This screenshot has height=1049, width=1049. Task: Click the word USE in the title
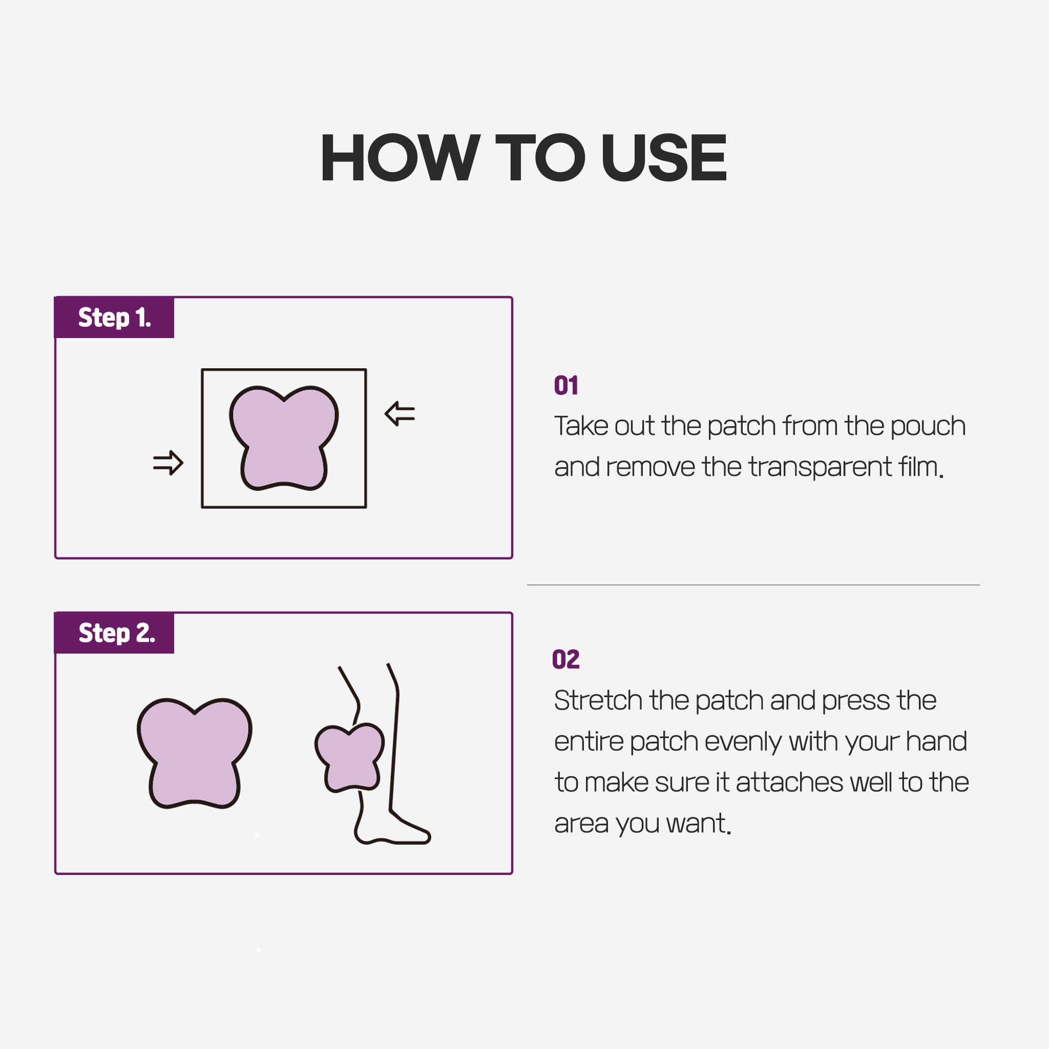point(663,157)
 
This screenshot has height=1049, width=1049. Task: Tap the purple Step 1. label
point(115,318)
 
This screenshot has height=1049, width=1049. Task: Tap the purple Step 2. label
point(115,633)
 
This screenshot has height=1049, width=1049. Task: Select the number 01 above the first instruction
point(566,386)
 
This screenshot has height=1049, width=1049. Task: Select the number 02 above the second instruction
point(566,660)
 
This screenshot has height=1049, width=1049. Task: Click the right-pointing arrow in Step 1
point(169,463)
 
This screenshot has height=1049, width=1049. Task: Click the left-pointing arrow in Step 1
point(400,414)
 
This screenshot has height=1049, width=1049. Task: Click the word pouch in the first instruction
point(928,427)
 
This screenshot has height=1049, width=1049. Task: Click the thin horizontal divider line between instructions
point(753,585)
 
